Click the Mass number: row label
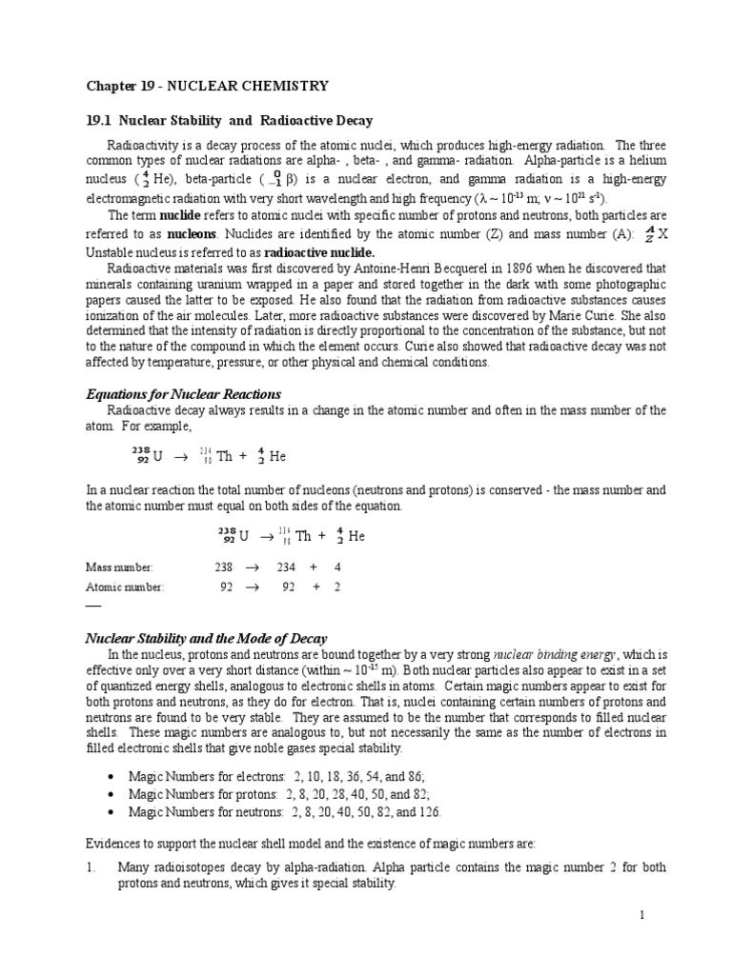point(118,567)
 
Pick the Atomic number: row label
point(122,587)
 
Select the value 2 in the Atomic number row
point(336,587)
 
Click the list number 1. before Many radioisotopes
point(91,867)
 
